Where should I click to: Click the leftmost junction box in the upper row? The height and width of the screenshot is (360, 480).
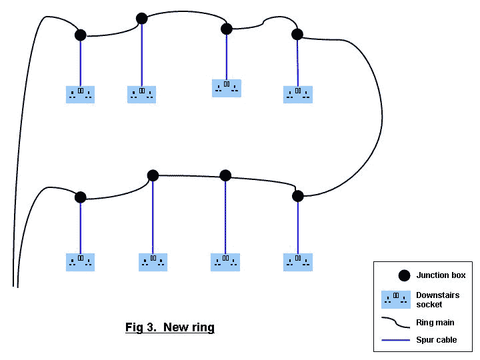(81, 35)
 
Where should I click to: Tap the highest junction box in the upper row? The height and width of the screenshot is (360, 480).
(141, 19)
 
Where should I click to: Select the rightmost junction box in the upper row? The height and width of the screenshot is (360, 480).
(297, 34)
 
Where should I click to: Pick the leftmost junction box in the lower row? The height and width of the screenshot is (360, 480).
(81, 197)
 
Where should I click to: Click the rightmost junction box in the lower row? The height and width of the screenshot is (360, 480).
(298, 195)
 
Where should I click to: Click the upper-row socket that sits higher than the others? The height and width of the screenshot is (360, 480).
(227, 87)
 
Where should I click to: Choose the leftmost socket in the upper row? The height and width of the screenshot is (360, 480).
(81, 94)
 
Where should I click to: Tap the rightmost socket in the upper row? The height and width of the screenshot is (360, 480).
(298, 94)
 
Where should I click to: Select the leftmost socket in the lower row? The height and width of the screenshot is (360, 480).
(81, 261)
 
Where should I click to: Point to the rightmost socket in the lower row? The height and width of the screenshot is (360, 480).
(298, 261)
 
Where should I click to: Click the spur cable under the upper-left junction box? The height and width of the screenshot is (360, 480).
(81, 63)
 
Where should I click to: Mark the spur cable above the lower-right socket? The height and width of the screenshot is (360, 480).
(298, 227)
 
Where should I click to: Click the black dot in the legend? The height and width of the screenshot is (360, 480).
(403, 275)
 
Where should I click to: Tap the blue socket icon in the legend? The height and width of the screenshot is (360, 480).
(396, 299)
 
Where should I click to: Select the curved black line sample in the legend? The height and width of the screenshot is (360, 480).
(396, 323)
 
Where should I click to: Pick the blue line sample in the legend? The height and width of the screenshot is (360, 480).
(396, 340)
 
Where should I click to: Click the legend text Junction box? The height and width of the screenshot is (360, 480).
(441, 275)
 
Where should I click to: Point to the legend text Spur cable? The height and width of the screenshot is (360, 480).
(437, 340)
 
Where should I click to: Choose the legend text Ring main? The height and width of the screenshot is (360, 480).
(435, 323)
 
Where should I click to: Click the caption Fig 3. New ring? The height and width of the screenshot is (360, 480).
(170, 327)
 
